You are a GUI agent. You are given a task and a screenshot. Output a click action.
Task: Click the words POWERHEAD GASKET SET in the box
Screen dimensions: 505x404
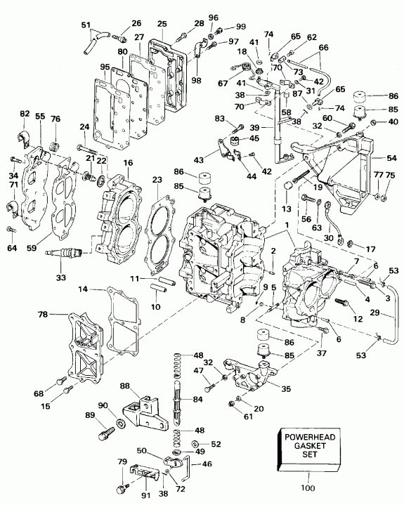306,446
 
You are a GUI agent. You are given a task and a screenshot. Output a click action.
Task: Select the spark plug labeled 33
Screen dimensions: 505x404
66,251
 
